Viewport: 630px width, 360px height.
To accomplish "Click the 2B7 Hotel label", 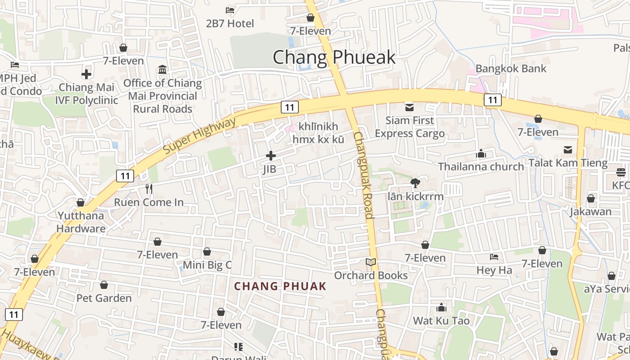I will (230, 23).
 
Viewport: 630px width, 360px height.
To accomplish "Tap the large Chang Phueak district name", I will (334, 58).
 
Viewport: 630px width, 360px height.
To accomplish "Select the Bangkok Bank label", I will (511, 69).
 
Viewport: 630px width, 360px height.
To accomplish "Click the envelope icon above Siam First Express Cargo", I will (409, 107).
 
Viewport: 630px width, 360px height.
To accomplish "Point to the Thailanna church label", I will (481, 166).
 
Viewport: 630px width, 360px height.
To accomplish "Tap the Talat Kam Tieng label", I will (568, 163).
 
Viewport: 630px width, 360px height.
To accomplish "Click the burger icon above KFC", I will (621, 172).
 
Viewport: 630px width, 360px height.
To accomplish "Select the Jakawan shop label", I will (590, 211).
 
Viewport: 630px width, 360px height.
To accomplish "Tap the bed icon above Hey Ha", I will (494, 257).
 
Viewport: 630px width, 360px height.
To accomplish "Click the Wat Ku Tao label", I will (441, 321).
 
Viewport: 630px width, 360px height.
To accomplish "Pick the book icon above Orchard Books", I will (371, 262).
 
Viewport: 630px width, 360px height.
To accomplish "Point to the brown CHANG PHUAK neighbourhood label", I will (280, 286).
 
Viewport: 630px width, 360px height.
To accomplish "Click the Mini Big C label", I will (207, 265).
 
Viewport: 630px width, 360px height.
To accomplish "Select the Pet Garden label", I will (104, 298).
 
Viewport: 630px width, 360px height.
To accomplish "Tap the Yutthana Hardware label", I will (81, 222).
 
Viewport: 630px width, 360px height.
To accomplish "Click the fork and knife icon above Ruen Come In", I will (149, 189).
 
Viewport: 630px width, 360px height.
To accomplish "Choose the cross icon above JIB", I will (271, 156).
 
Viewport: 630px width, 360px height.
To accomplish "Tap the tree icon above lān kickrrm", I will (415, 183).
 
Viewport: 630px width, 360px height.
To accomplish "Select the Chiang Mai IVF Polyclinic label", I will (86, 94).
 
